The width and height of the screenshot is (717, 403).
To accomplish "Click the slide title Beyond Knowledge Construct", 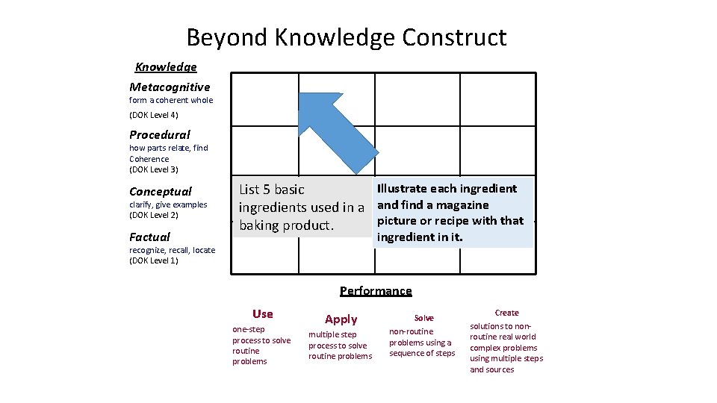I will pyautogui.click(x=347, y=37).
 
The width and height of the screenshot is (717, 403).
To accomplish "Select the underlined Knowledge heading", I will pyautogui.click(x=166, y=67).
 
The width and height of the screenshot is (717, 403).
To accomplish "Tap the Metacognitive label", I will pyautogui.click(x=170, y=87).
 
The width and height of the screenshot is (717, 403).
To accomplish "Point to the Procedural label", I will pyautogui.click(x=160, y=135).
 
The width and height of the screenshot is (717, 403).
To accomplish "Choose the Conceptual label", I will pyautogui.click(x=161, y=192).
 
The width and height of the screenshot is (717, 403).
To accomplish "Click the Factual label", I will pyautogui.click(x=149, y=237).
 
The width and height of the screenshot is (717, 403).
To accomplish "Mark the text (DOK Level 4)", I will pyautogui.click(x=154, y=116).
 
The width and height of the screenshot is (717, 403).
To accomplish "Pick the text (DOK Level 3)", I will pyautogui.click(x=154, y=169).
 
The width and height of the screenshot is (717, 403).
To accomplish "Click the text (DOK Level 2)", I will pyautogui.click(x=154, y=215).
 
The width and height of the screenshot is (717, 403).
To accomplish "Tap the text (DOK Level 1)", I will pyautogui.click(x=154, y=260).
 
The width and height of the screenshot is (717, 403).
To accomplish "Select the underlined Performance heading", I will pyautogui.click(x=376, y=291).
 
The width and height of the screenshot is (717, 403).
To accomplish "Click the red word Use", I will pyautogui.click(x=263, y=314).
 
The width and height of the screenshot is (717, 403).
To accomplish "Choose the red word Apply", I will pyautogui.click(x=341, y=319).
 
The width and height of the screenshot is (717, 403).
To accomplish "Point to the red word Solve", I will pyautogui.click(x=423, y=318).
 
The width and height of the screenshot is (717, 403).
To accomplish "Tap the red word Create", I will pyautogui.click(x=506, y=313).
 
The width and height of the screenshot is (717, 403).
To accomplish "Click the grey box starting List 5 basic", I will pyautogui.click(x=301, y=207).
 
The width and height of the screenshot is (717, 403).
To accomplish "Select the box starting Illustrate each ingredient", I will pyautogui.click(x=453, y=213).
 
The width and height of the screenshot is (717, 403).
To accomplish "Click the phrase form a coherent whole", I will pyautogui.click(x=171, y=100).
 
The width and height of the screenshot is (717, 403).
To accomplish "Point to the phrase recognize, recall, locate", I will pyautogui.click(x=172, y=250).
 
